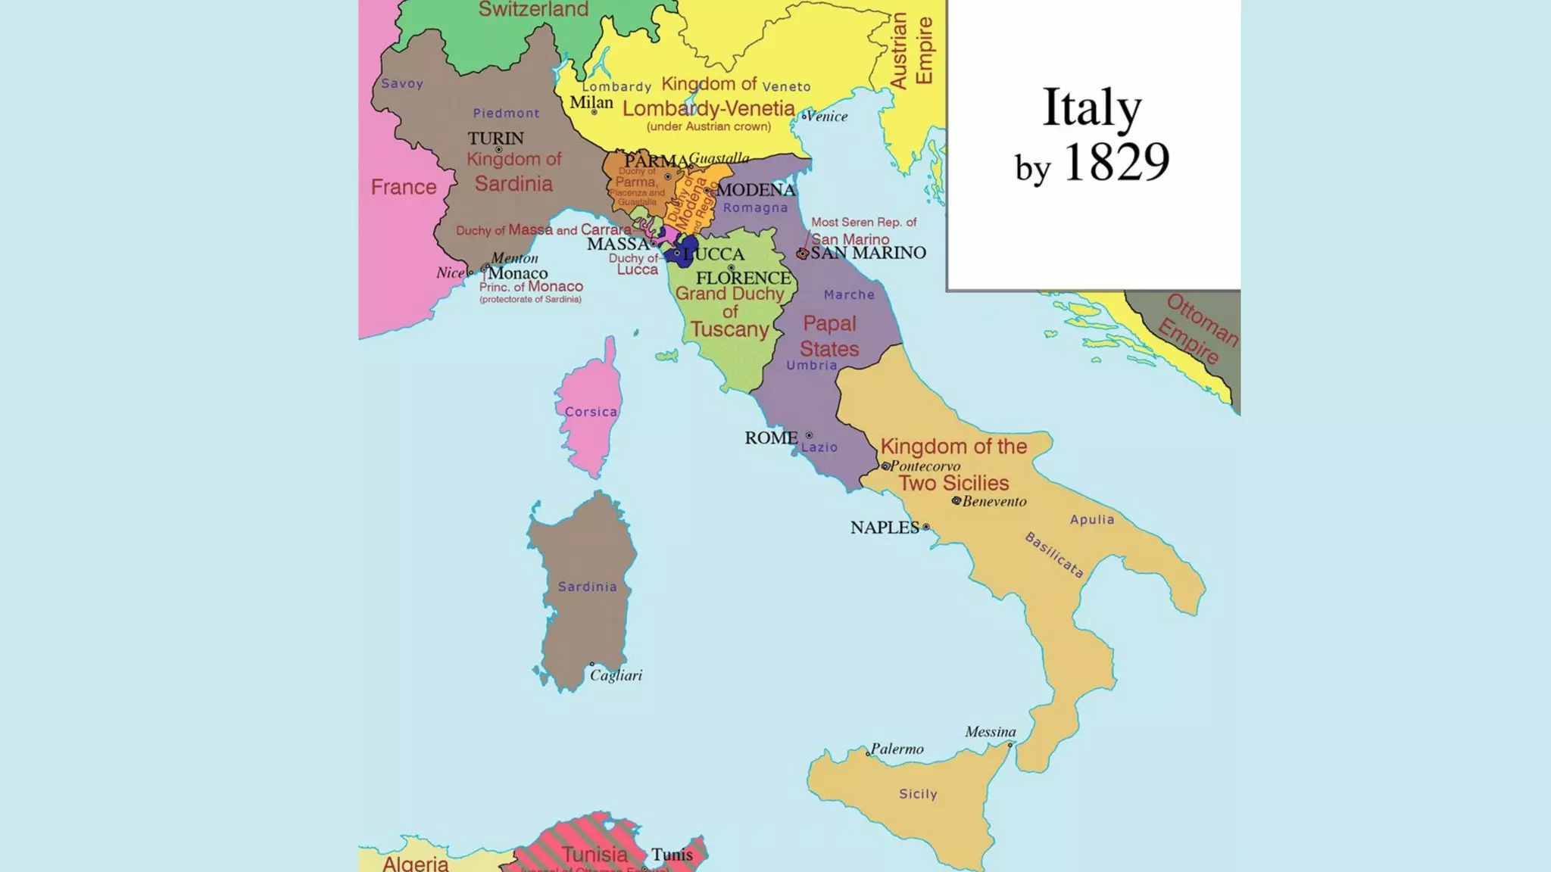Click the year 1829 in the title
[1116, 162]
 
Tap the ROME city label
[770, 438]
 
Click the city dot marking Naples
[925, 527]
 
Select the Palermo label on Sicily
[897, 749]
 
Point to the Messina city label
[990, 732]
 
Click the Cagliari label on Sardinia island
[616, 675]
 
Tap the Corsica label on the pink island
[591, 412]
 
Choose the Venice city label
[826, 117]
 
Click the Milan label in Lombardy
[591, 102]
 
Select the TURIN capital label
[495, 139]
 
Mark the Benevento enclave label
[994, 501]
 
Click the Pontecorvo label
[925, 466]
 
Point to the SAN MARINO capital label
[868, 253]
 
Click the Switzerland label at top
[533, 9]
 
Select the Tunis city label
[672, 855]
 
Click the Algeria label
[415, 863]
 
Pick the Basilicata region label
[1054, 555]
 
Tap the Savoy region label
[401, 83]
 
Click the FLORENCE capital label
[743, 278]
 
